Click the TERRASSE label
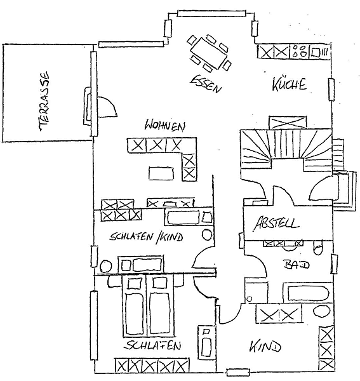tap(44, 102)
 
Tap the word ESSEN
tap(206, 83)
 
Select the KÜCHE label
tap(289, 84)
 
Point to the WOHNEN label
tap(164, 126)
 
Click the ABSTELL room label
tap(276, 223)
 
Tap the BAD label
tap(297, 264)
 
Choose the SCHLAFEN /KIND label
tap(146, 237)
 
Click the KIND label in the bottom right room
tap(265, 346)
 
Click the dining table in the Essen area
tap(209, 53)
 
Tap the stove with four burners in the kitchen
tap(299, 51)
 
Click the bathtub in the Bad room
tap(308, 293)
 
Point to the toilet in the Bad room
tap(318, 247)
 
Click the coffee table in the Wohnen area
tap(161, 173)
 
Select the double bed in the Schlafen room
tap(148, 306)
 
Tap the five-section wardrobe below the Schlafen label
tap(152, 365)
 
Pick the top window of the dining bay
tap(211, 13)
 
